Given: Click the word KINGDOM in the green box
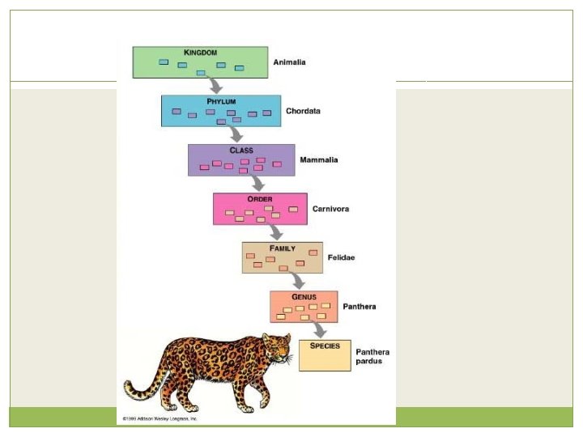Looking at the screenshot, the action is [200, 53].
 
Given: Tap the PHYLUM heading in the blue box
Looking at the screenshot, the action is [220, 101].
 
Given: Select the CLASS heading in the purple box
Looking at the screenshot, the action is [241, 151].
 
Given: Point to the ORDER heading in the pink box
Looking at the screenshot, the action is [260, 199].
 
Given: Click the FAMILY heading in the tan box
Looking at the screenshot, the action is [283, 248].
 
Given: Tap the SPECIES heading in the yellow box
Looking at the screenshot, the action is [325, 346].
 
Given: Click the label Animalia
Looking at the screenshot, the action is [290, 62].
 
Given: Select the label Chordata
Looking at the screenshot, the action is [304, 111].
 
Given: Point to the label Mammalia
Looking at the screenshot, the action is [319, 160].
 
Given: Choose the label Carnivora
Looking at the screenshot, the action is [331, 209].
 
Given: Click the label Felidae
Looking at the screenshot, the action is [342, 258].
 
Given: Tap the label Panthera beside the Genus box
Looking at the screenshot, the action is [360, 307].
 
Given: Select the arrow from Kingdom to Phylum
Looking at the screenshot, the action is [214, 85].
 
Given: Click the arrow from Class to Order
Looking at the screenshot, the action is [257, 183].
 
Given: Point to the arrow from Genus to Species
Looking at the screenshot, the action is [319, 329].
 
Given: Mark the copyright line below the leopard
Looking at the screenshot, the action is [160, 419].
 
